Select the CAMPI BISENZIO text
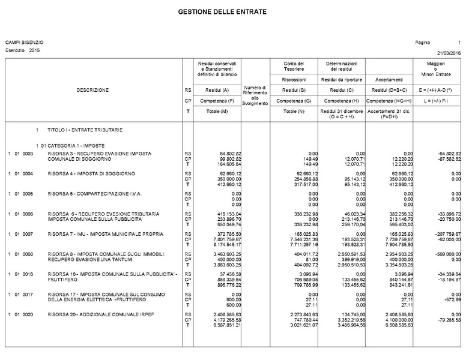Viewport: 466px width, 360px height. click(x=24, y=42)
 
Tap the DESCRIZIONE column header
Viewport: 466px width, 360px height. click(x=92, y=90)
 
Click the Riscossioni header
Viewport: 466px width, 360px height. click(x=295, y=79)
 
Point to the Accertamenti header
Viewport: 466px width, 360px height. click(x=389, y=79)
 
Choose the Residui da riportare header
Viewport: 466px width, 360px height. click(x=341, y=79)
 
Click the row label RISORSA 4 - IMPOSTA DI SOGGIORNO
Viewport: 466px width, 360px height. click(x=91, y=174)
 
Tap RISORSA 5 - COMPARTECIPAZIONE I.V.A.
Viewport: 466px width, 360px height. click(x=94, y=194)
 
